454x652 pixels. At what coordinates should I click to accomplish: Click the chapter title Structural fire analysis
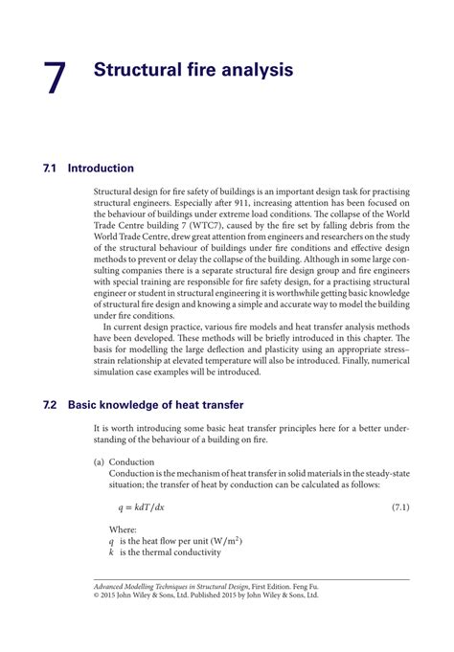pos(193,70)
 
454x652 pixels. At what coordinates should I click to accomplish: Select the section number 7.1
pos(51,169)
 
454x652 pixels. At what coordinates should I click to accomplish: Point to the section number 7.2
pos(51,404)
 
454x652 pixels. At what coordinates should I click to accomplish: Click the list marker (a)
pos(99,461)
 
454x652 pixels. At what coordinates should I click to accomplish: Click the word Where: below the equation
pos(124,528)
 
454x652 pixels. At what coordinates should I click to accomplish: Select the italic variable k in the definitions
pos(111,552)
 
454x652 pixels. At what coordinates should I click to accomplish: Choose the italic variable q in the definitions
pos(111,541)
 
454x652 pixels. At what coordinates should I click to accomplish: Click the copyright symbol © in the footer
pos(98,595)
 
